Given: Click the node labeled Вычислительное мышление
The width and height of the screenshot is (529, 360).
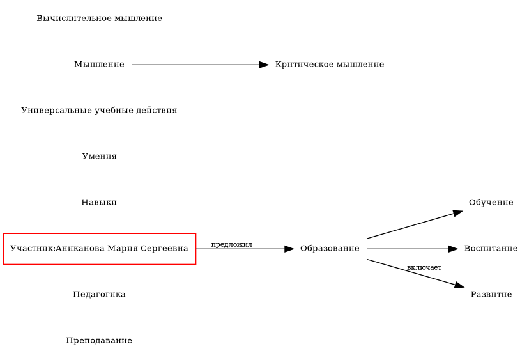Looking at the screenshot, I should [99, 19].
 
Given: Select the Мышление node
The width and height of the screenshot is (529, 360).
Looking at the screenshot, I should [99, 65].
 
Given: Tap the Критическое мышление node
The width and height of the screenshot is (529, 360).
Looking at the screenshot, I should [329, 65].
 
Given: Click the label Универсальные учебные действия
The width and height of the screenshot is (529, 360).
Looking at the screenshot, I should [99, 111].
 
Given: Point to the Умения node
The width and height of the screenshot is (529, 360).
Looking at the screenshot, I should [99, 157].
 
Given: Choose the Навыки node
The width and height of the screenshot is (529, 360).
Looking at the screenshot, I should [99, 203].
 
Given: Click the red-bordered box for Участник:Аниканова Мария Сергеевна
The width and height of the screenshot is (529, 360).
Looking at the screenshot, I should [99, 249].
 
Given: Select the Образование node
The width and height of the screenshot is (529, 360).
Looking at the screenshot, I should [330, 249].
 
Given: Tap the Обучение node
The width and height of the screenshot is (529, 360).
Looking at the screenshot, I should [491, 203].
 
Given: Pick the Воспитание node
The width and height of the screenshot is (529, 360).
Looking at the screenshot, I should [491, 249].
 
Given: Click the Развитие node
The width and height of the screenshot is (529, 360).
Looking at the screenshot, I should [491, 295].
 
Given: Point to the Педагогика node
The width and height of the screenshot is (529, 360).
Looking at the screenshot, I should [99, 295].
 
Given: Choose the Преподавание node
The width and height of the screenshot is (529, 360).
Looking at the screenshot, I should [99, 341].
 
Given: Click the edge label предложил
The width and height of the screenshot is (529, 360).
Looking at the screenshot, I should [231, 244].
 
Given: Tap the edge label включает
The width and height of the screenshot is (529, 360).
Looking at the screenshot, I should [424, 267].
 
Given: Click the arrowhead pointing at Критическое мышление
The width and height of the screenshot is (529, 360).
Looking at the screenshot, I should [264, 65].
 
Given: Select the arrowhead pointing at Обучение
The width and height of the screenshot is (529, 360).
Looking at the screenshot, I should [457, 212].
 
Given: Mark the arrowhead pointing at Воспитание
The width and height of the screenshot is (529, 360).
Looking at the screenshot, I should [454, 249].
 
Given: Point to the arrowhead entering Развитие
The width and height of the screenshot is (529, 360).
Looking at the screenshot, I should [459, 285].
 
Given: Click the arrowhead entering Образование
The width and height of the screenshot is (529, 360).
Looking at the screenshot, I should [289, 249].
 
